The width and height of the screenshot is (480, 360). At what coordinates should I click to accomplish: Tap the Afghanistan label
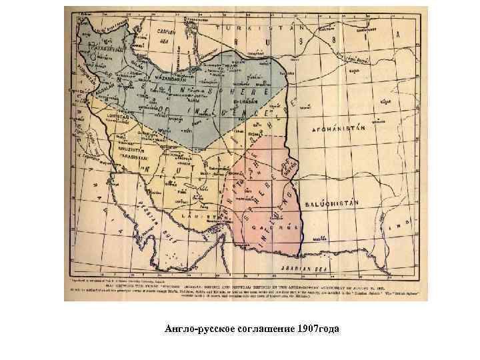(340, 125)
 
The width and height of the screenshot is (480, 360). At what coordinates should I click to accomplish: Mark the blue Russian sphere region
(200, 93)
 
